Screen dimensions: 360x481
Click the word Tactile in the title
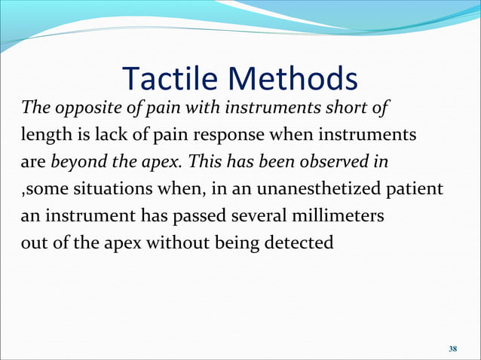(167, 78)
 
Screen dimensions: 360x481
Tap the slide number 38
(452, 349)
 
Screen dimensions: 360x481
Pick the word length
(41, 136)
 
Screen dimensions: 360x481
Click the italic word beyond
(79, 162)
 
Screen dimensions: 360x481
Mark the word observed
(323, 162)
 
